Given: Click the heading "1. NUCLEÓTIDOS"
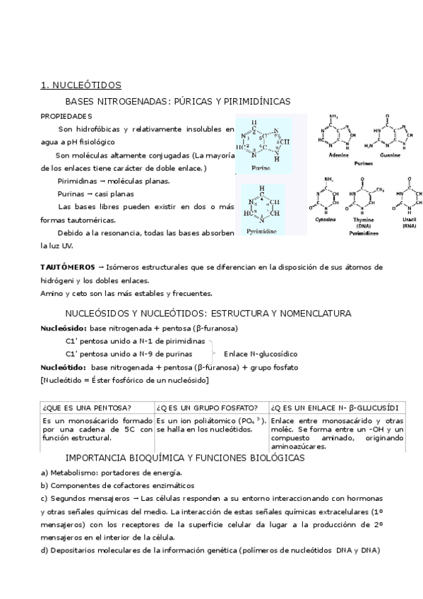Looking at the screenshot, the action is (81, 85).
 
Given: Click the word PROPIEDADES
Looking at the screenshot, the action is (66, 116).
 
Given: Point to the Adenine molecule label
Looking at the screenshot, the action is (339, 155).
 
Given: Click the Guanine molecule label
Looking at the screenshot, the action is (390, 155).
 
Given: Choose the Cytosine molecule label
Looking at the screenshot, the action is (326, 220).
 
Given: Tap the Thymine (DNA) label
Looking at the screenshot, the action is (364, 223).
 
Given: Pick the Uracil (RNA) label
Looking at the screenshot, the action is (409, 223).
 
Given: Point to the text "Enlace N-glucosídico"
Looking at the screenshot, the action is (261, 353).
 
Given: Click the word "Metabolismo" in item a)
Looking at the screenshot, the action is (71, 473).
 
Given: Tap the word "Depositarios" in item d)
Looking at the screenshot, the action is (73, 550).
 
